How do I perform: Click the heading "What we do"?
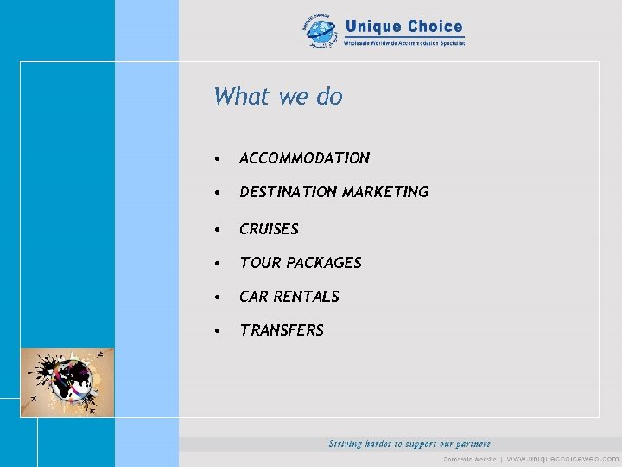click(278, 96)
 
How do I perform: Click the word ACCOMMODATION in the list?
click(304, 158)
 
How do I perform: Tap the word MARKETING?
click(385, 192)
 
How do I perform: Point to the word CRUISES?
click(269, 229)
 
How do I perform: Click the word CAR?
click(254, 297)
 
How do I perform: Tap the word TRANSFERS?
click(282, 330)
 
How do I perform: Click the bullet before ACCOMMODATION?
click(220, 159)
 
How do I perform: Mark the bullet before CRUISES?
click(220, 230)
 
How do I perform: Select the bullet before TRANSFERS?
click(220, 331)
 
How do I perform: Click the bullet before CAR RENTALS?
click(220, 297)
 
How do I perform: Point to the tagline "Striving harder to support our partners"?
click(409, 444)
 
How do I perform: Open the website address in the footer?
click(562, 458)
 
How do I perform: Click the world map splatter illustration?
click(67, 381)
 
